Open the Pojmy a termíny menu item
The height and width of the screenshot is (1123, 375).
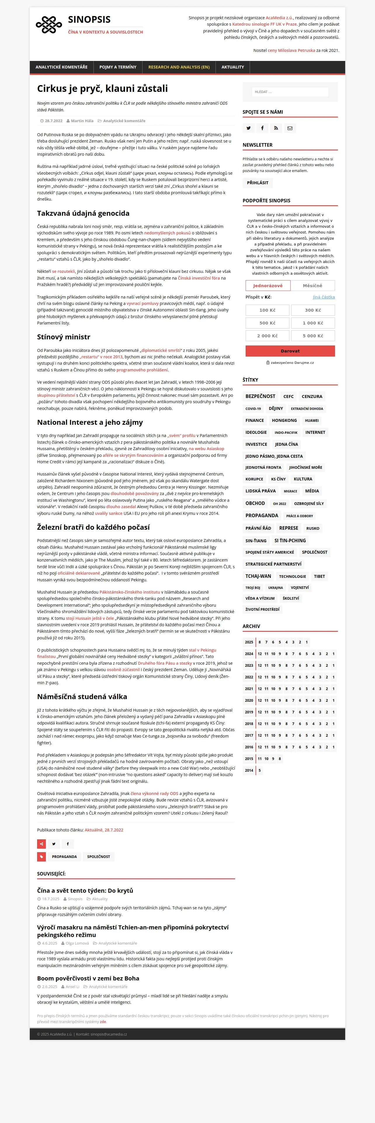118,67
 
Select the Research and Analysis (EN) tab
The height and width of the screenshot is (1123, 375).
178,67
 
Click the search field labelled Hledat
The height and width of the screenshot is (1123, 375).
290,92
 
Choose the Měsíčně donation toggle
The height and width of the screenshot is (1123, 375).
312,285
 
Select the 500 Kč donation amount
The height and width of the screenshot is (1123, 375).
267,323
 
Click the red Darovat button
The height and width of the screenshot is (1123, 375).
290,351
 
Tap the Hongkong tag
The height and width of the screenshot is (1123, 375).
284,420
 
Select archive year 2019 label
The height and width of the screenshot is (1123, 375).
249,712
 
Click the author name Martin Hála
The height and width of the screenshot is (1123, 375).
82,121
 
